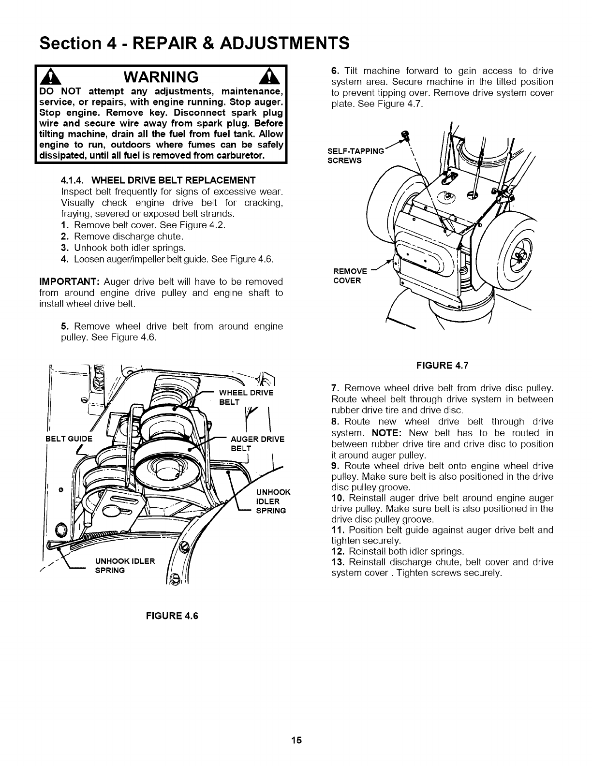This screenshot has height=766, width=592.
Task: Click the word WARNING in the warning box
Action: pyautogui.click(x=161, y=76)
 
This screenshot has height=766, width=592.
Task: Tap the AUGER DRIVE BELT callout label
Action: pyautogui.click(x=257, y=443)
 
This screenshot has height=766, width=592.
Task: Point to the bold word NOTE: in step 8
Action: pyautogui.click(x=387, y=433)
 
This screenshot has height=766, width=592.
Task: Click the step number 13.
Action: pyautogui.click(x=338, y=562)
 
